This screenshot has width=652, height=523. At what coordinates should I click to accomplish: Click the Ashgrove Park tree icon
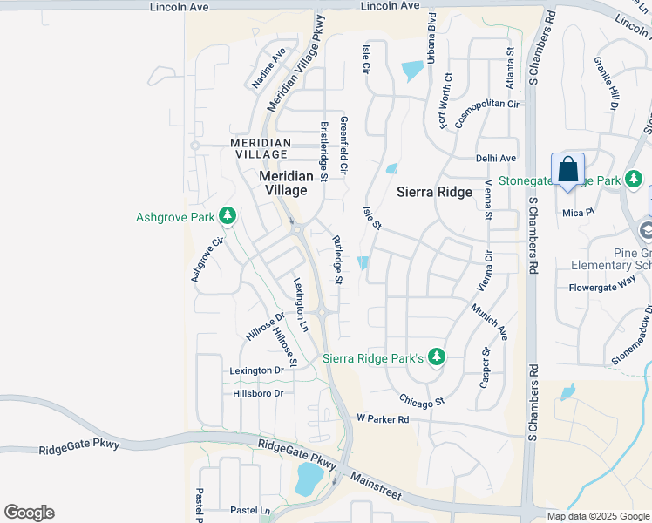228,214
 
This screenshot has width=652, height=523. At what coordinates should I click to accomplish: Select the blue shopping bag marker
567,169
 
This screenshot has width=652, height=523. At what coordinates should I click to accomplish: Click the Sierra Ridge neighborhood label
434,191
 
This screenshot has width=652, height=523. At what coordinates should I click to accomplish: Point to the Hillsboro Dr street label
259,393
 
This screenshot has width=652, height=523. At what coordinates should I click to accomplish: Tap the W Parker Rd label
383,418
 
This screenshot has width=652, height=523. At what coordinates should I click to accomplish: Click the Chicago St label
423,401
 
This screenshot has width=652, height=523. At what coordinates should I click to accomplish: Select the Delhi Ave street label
496,158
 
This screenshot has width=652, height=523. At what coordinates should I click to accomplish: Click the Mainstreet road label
376,486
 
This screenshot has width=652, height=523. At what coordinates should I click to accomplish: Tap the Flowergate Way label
602,287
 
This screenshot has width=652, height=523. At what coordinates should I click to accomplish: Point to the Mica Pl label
578,211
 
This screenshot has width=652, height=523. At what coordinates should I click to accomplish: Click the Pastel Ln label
250,510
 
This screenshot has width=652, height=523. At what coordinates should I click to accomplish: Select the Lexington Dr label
257,370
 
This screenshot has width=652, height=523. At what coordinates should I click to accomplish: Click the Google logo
29,513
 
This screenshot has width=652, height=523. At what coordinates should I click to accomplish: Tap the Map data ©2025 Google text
597,516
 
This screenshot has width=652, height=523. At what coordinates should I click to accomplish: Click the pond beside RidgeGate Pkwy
309,479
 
